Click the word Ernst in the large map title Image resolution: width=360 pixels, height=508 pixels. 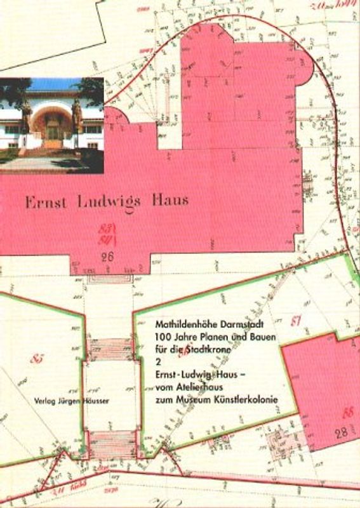point(45,202)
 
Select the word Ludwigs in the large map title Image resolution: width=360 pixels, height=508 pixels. point(107,202)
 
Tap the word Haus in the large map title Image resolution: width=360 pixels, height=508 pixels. point(170,201)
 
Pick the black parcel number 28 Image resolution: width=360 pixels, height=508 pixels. point(341,434)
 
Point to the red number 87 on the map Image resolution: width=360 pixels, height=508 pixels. point(295,321)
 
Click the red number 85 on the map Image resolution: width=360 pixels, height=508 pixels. point(37,359)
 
